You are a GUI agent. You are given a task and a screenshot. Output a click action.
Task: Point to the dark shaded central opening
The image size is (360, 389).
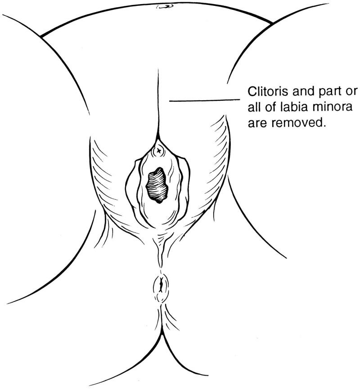(157, 184)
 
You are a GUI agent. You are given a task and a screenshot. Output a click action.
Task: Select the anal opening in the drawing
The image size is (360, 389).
(161, 284)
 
